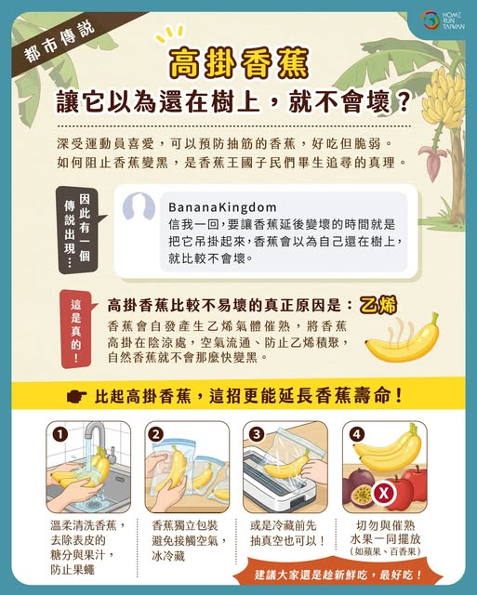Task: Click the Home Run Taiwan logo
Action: [443, 20]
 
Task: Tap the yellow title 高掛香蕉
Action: [239, 63]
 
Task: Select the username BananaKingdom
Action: [222, 207]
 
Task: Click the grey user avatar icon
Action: [139, 206]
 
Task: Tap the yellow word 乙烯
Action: [378, 306]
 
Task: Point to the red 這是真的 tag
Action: [76, 329]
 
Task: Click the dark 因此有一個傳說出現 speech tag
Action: [78, 230]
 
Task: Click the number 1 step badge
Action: [60, 434]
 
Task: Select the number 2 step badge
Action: [157, 434]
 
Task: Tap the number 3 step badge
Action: [257, 434]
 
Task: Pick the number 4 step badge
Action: [356, 434]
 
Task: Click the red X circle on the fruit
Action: [384, 494]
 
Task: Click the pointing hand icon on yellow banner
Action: [76, 397]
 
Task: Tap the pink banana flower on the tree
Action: [432, 160]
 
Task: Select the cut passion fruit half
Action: [363, 496]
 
